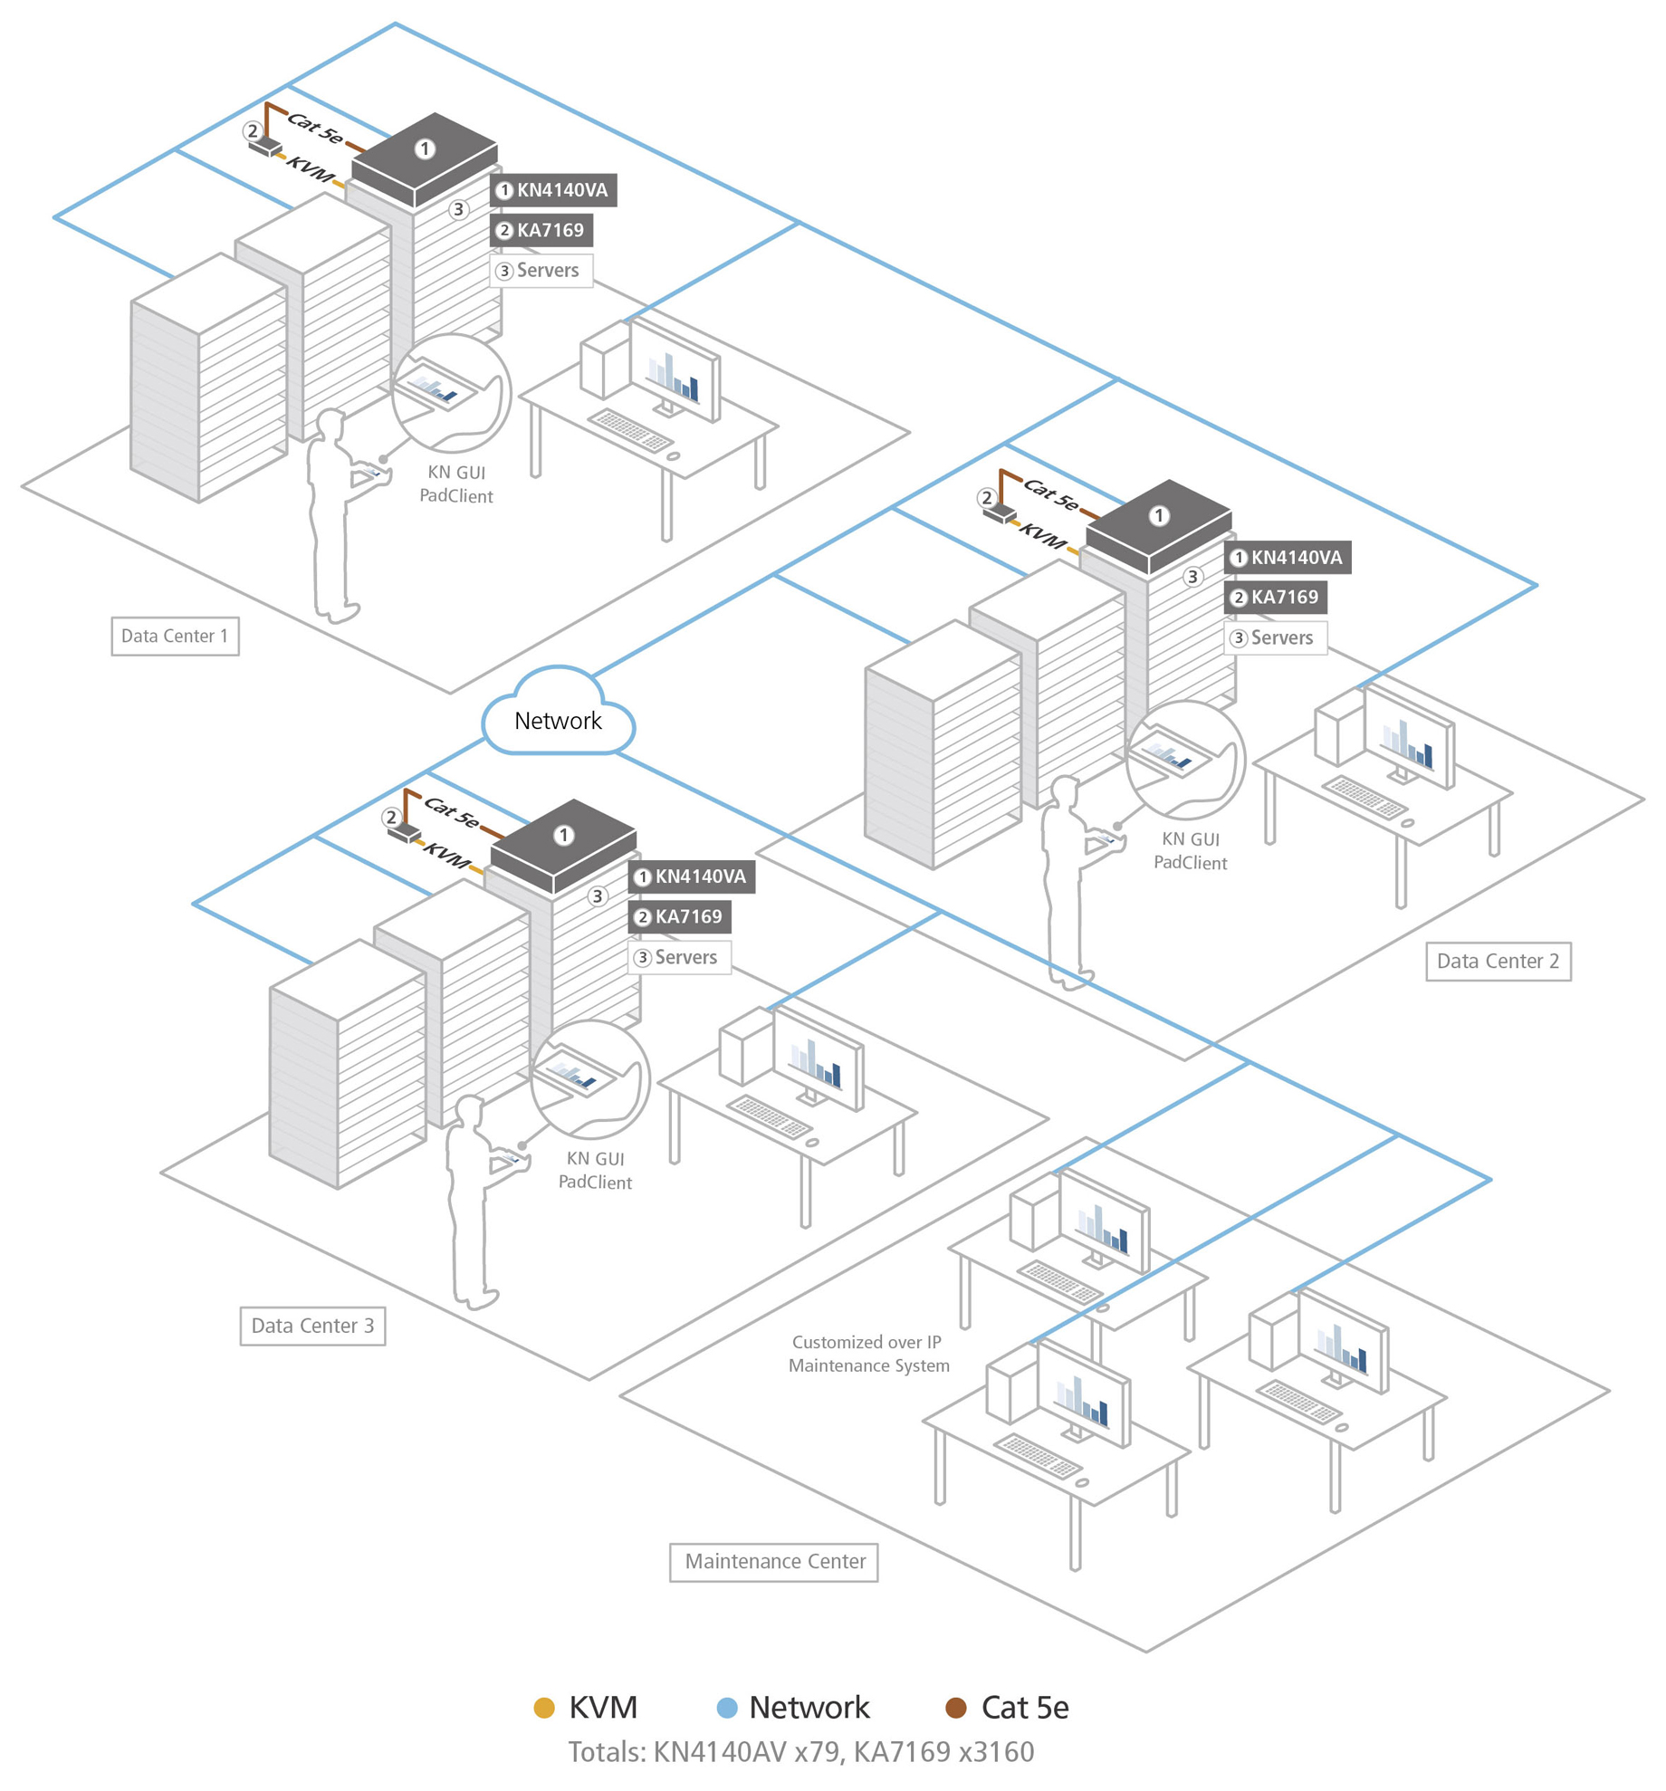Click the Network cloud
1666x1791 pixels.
558,720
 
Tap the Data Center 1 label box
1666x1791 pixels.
175,636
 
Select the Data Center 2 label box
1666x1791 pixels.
1498,961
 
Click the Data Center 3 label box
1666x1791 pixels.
312,1326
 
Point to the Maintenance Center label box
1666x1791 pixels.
774,1561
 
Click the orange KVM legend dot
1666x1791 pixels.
544,1708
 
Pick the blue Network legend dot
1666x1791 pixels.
726,1708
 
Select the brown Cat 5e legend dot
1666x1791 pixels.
955,1708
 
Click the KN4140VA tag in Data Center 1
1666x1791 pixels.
553,190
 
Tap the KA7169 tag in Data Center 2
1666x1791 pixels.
1276,597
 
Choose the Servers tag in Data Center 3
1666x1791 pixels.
679,957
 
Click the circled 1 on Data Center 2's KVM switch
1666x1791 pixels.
1159,515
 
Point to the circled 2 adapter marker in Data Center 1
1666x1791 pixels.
253,131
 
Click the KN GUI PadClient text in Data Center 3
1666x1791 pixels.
595,1170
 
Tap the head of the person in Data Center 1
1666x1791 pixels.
330,425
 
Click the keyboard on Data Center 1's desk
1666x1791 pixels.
631,429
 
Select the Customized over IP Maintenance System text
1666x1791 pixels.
867,1353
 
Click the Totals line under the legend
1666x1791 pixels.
800,1752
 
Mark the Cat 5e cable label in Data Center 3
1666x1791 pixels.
451,811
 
